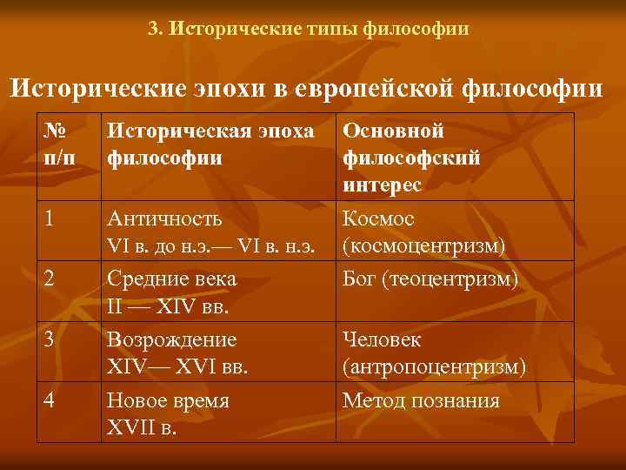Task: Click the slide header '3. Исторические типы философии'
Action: click(309, 29)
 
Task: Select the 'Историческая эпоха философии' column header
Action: click(210, 145)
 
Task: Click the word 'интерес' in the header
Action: click(382, 185)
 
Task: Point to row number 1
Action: click(50, 218)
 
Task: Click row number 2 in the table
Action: click(50, 279)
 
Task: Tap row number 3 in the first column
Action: click(50, 339)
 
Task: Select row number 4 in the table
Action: click(50, 400)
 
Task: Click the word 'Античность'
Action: click(164, 219)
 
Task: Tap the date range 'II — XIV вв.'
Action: click(162, 306)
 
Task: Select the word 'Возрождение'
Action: click(171, 340)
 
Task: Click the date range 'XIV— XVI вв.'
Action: click(177, 367)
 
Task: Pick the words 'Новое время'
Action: click(168, 401)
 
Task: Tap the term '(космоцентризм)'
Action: click(423, 246)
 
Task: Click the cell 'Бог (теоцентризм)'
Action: click(430, 279)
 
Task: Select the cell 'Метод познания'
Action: click(421, 401)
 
